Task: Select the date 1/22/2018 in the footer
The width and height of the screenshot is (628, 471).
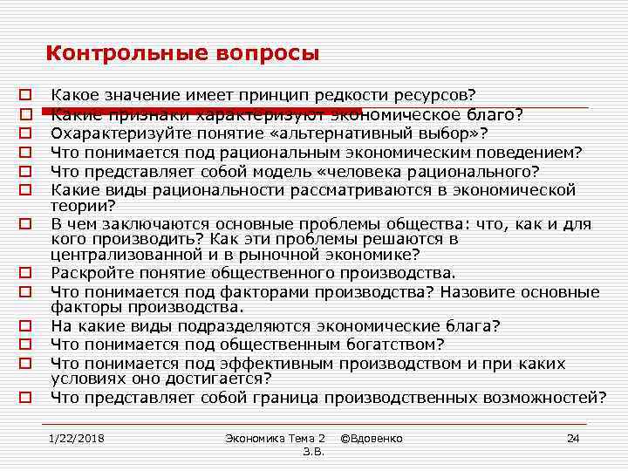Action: (x=77, y=437)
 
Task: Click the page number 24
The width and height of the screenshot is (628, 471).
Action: (x=573, y=437)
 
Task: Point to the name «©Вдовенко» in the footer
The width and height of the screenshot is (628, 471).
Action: (x=372, y=437)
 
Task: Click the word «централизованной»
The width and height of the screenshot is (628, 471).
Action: (x=120, y=255)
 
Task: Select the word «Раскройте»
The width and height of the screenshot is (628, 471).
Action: (x=91, y=272)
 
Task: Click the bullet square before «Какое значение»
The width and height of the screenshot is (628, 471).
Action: (x=26, y=92)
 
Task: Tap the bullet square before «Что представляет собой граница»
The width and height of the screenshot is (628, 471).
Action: (x=26, y=398)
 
